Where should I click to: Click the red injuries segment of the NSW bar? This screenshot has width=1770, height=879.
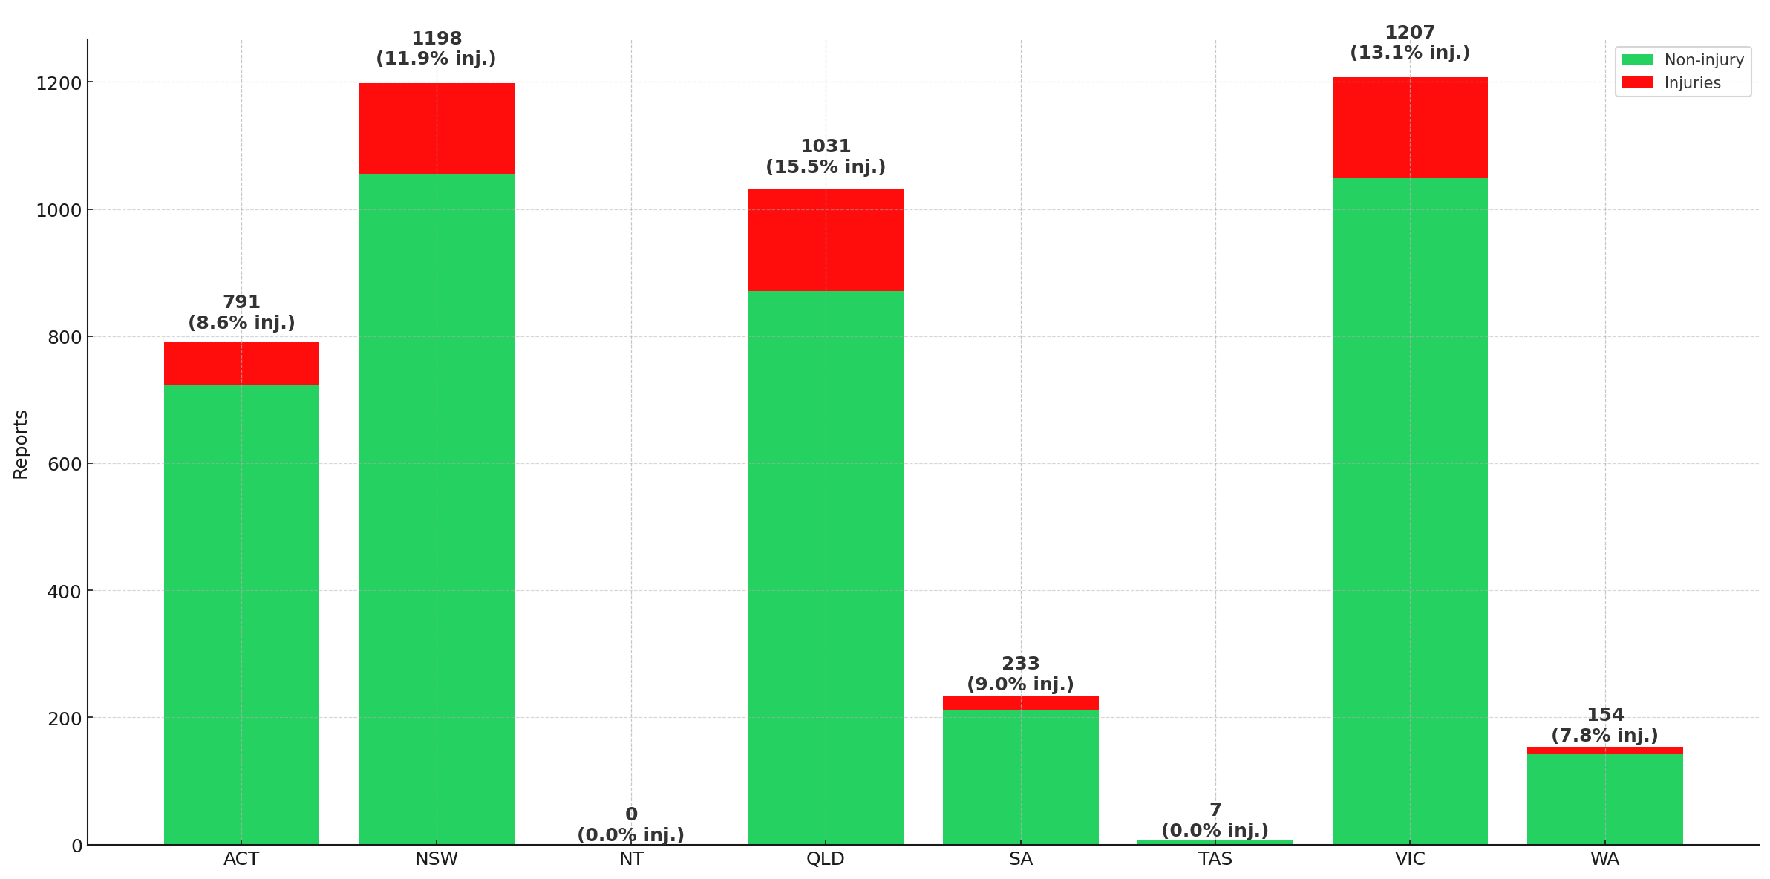click(x=436, y=128)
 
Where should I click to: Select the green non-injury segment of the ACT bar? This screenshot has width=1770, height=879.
click(x=241, y=614)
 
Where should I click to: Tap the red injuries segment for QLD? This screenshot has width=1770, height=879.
click(x=826, y=240)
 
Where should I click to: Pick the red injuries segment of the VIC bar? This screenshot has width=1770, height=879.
click(x=1409, y=127)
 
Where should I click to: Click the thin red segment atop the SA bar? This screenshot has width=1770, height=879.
click(x=1020, y=702)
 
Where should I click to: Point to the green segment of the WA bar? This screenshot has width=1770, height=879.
click(x=1604, y=799)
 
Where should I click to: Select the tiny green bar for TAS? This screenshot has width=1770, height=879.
click(x=1215, y=842)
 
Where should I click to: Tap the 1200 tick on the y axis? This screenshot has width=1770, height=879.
click(x=59, y=83)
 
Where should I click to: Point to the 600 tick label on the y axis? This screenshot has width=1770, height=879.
click(x=65, y=464)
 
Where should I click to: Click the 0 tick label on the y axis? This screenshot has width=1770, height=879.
click(x=76, y=846)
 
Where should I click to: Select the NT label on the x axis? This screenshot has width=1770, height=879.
click(x=631, y=859)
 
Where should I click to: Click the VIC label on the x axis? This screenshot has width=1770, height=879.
click(x=1409, y=859)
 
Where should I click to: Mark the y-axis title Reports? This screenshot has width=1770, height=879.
click(x=21, y=444)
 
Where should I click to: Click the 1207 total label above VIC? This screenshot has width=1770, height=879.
click(x=1409, y=33)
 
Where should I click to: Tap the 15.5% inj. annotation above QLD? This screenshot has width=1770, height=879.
click(x=826, y=167)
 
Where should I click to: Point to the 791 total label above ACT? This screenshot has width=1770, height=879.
click(x=241, y=302)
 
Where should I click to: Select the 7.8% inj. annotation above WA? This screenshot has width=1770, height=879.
click(x=1604, y=736)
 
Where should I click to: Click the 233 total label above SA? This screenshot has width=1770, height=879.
click(x=1020, y=664)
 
